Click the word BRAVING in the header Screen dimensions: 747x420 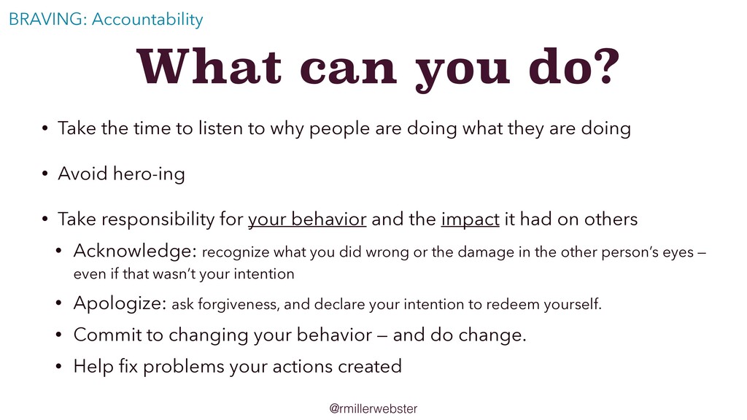[x=46, y=19]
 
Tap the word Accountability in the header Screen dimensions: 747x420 [x=147, y=20]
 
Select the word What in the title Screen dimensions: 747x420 [x=209, y=66]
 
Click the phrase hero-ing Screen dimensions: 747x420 [x=149, y=174]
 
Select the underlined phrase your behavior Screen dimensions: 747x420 [x=307, y=219]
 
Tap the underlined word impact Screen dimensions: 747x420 [x=471, y=219]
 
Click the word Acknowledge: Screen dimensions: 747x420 [x=135, y=251]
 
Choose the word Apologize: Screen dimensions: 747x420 [x=120, y=303]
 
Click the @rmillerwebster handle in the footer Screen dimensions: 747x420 [x=373, y=408]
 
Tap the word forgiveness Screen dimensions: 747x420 [x=239, y=304]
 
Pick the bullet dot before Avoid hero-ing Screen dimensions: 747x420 [x=44, y=174]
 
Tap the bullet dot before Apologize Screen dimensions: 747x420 [x=58, y=303]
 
